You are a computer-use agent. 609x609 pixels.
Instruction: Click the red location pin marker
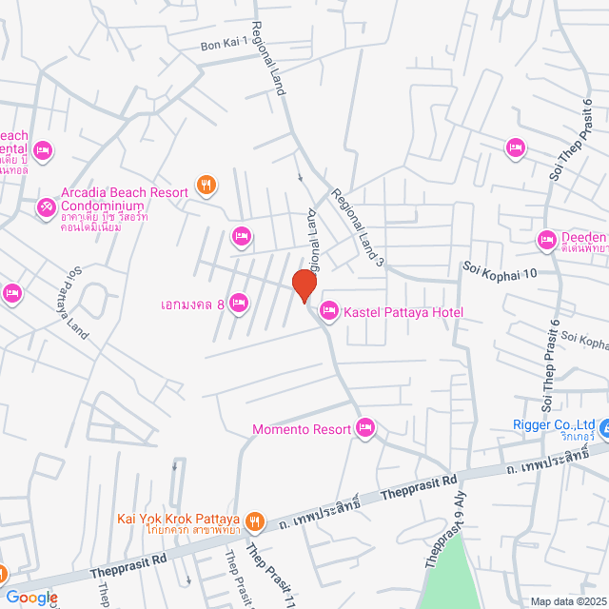(304, 285)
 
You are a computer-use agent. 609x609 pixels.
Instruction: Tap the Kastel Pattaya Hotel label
(403, 312)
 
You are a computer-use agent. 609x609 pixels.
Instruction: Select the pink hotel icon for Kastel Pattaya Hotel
(329, 310)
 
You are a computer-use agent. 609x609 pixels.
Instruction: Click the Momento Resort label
(301, 430)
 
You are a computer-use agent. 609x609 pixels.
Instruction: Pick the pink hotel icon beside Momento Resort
(364, 428)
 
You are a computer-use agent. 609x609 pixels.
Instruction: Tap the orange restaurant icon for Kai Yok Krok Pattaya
(254, 521)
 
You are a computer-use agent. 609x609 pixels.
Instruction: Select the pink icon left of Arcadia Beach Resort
(46, 206)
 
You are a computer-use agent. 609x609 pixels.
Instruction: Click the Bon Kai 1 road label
(224, 42)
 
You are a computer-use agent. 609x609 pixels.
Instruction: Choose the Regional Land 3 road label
(357, 226)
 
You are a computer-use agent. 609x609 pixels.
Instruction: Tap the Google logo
(31, 597)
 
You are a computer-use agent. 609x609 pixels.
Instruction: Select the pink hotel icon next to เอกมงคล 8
(239, 304)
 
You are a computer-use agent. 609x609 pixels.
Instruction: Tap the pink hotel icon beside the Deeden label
(547, 239)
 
